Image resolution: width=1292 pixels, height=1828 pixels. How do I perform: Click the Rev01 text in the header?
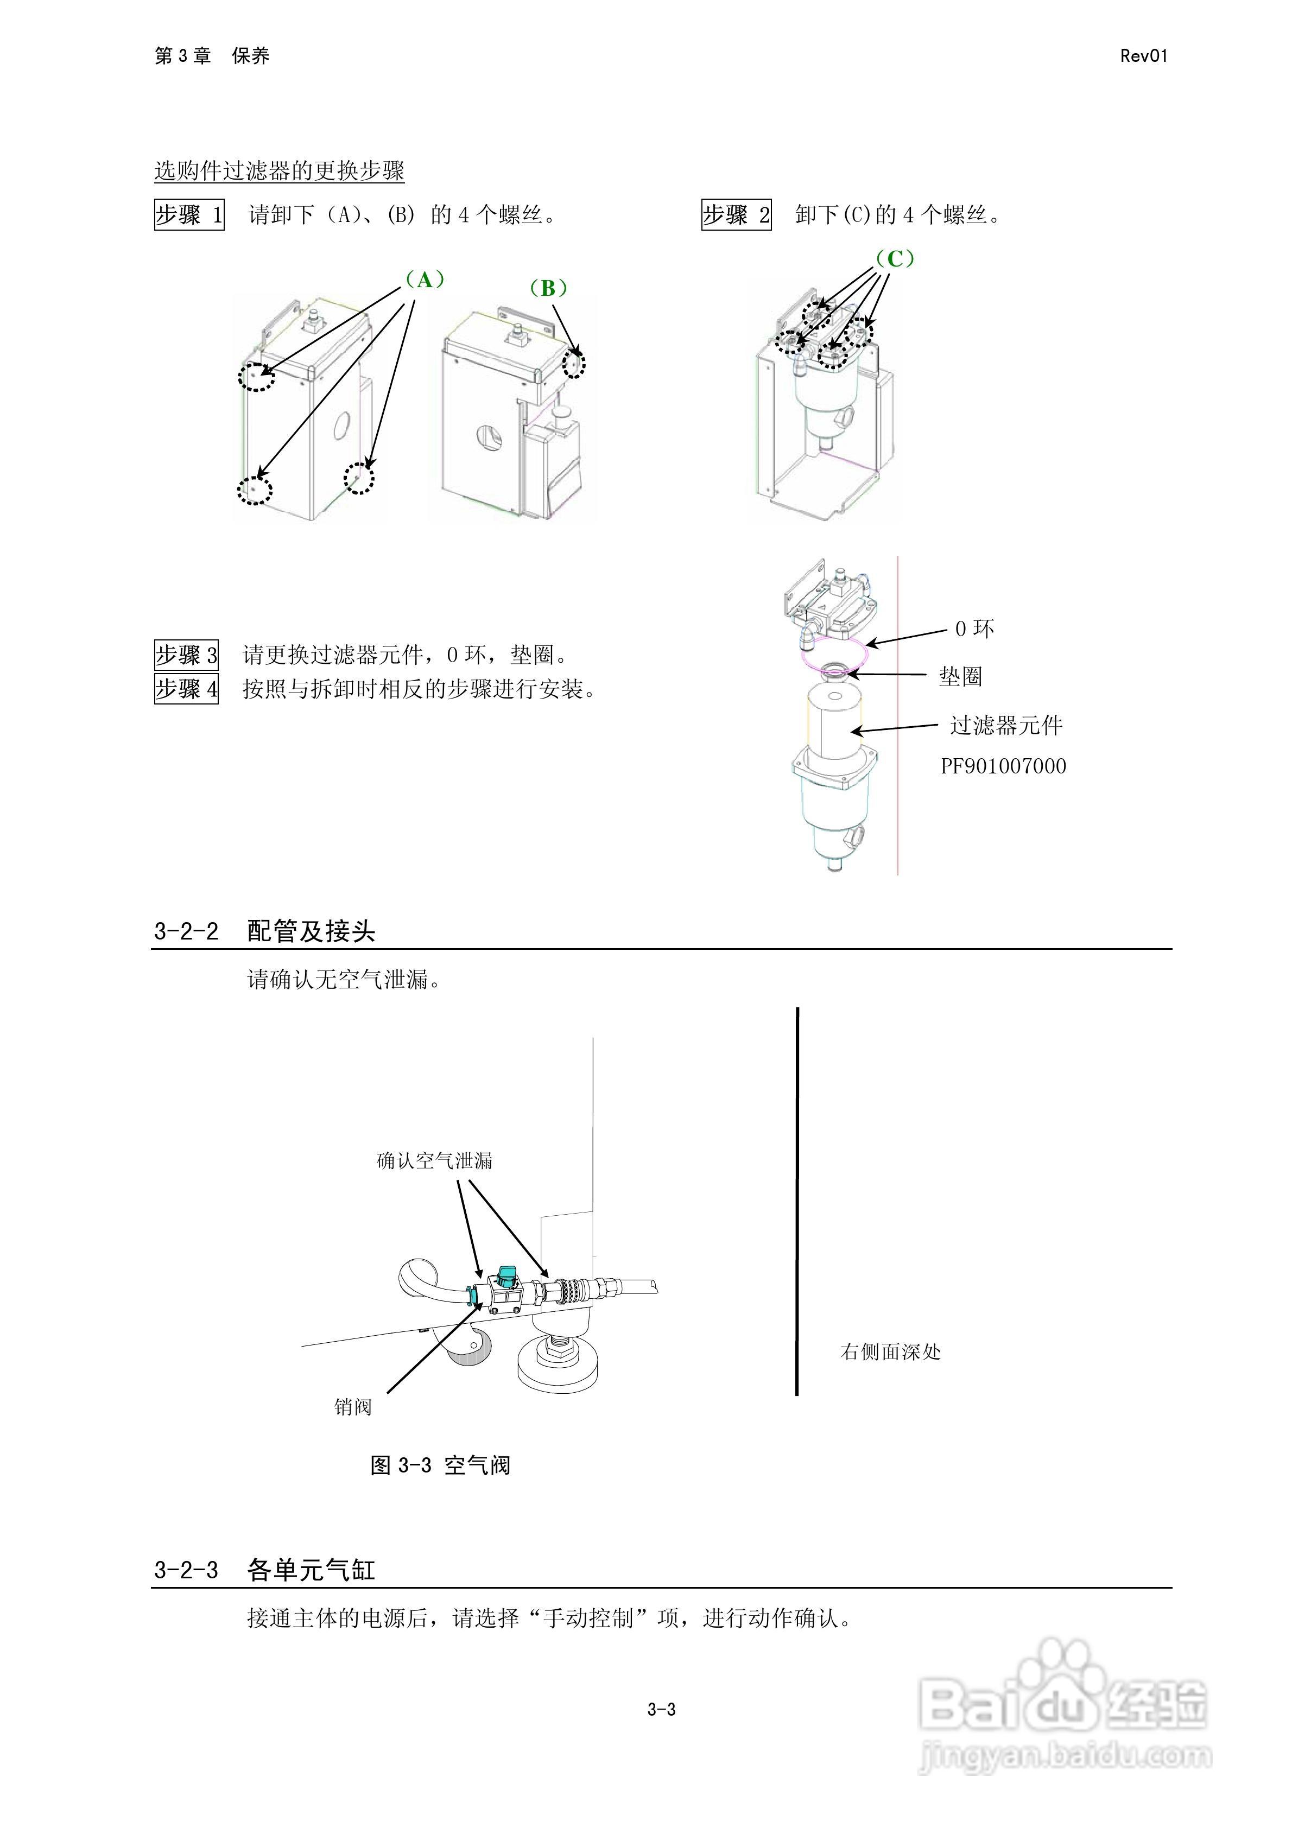1143,56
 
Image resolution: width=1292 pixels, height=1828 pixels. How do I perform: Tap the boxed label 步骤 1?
189,215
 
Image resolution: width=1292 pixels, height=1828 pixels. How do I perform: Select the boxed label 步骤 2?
736,215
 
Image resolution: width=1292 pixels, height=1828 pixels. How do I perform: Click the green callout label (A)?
425,280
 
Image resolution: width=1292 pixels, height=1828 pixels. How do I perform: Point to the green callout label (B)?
548,288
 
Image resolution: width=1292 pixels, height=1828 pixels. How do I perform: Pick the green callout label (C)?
895,259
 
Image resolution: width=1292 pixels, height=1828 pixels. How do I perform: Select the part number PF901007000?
1003,766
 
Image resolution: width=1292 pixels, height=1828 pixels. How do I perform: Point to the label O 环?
974,629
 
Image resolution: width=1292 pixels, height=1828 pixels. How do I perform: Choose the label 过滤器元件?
1006,725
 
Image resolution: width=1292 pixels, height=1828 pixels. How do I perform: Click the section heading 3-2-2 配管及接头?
264,931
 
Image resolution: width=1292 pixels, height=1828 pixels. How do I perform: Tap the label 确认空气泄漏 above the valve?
434,1161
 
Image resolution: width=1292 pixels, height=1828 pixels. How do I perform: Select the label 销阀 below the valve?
353,1407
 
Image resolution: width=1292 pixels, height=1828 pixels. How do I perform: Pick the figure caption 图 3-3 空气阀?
440,1465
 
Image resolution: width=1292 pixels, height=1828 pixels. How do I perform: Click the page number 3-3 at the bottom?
661,1709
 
